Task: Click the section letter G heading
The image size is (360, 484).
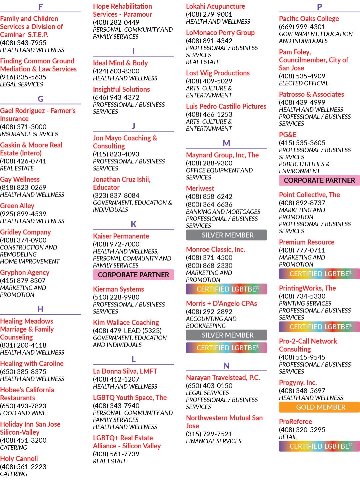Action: [40, 99]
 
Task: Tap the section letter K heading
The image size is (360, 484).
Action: [133, 224]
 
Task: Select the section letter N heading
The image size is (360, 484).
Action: [226, 366]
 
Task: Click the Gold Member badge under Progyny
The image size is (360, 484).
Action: [319, 407]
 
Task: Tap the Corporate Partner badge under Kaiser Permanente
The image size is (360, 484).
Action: [133, 275]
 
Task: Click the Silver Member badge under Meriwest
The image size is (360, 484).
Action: [226, 235]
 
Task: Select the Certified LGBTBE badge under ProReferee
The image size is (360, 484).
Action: [319, 446]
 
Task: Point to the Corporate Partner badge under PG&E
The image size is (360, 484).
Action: [319, 180]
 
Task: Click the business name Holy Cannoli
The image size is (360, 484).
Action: [19, 458]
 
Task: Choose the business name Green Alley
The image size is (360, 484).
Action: [17, 206]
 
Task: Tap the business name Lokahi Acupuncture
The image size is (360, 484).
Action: [215, 6]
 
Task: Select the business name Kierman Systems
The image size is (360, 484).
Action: [118, 289]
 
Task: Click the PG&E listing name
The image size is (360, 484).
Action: [288, 135]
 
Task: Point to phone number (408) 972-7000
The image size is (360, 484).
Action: [116, 244]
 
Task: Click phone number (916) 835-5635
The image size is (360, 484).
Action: [23, 77]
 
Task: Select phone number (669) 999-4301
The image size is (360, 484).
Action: [302, 27]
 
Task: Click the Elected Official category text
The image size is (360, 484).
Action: [304, 83]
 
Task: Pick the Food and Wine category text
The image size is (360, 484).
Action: [23, 413]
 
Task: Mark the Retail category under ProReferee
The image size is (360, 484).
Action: [288, 437]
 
